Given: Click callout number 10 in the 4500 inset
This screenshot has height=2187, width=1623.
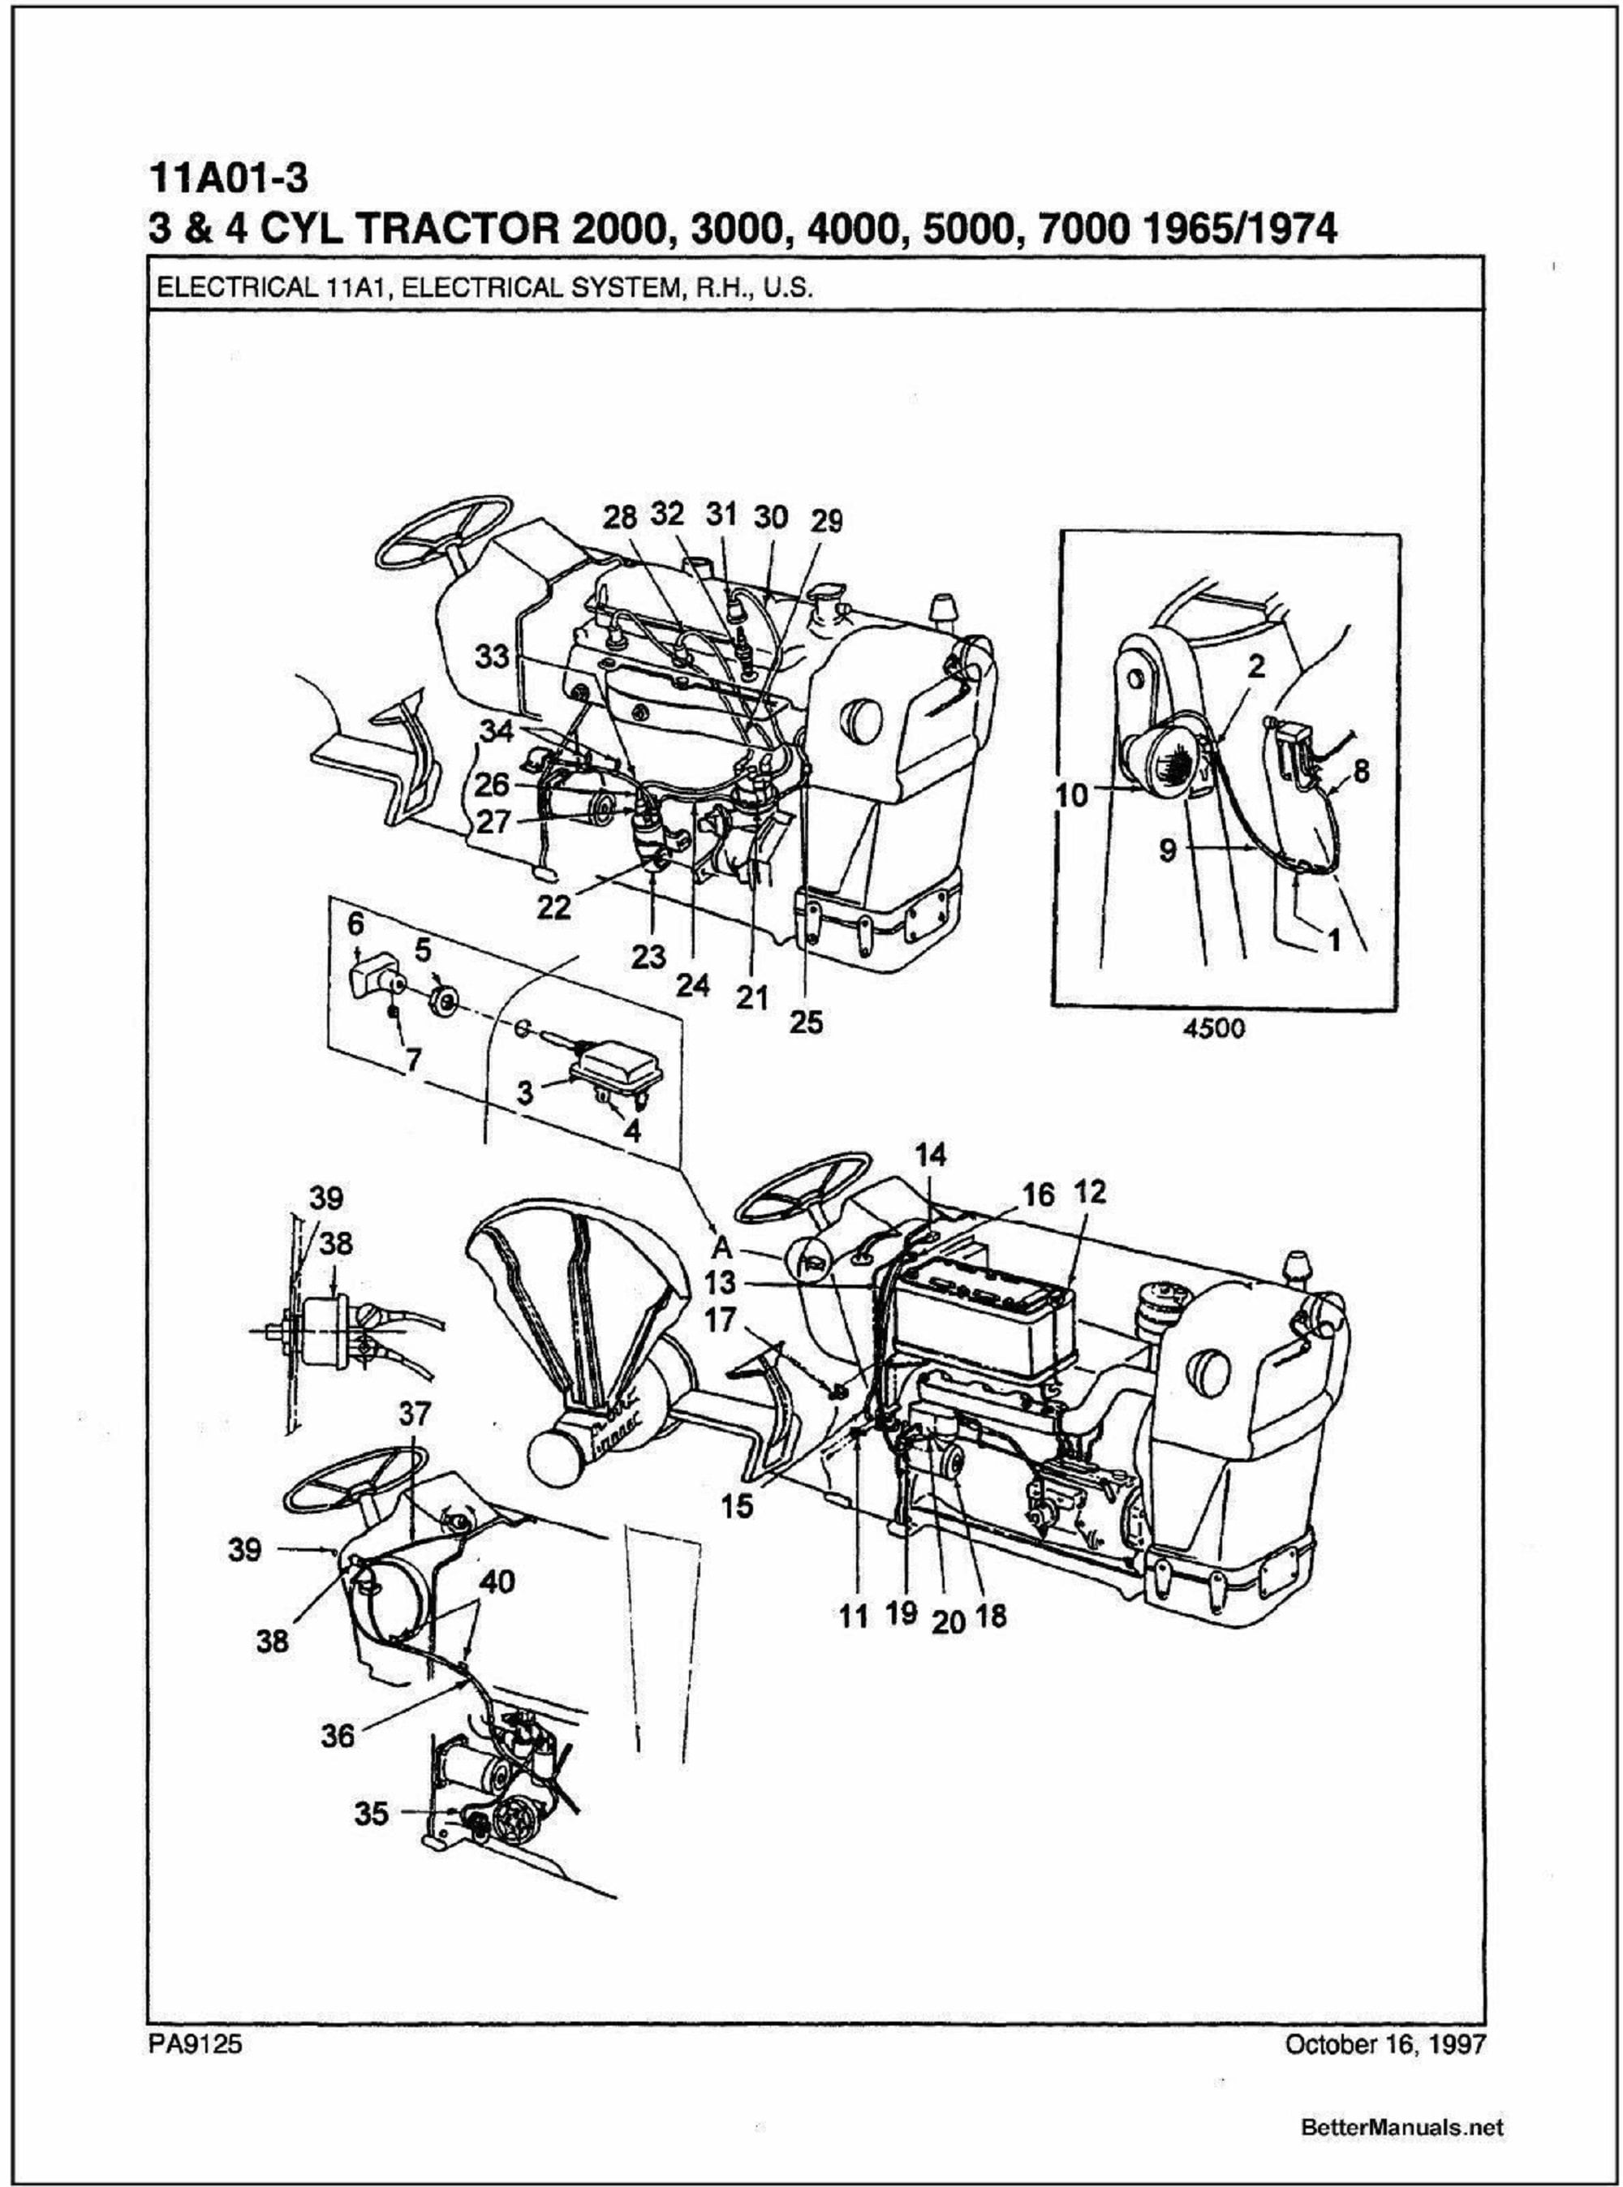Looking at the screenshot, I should (x=1073, y=794).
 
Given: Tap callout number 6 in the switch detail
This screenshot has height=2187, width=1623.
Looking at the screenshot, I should (x=355, y=923).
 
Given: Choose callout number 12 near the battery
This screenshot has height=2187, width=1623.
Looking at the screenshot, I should (x=1090, y=1193).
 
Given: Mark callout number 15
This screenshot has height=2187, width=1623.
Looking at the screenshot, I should (x=736, y=1505).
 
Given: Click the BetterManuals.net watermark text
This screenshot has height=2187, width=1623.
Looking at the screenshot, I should (x=1402, y=2127).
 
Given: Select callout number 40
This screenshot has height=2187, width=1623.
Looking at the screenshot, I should (x=497, y=1582).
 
